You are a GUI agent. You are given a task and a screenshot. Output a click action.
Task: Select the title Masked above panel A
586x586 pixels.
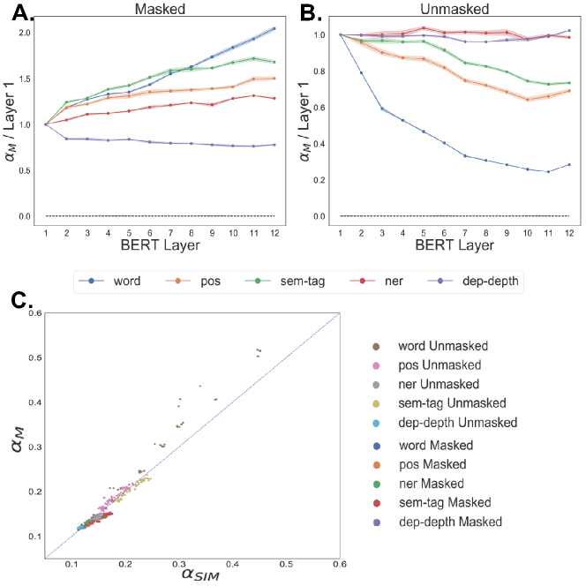point(158,9)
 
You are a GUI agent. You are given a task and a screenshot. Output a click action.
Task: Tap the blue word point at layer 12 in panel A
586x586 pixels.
point(274,29)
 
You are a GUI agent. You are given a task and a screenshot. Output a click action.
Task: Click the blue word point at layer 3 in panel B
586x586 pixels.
point(381,109)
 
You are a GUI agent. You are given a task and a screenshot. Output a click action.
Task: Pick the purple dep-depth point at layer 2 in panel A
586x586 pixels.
point(67,139)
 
